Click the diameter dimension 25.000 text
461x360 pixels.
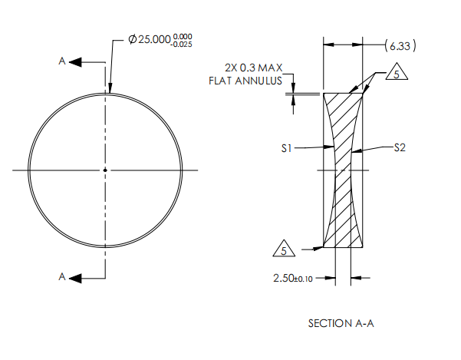tap(150, 40)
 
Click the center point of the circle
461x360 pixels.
tap(106, 170)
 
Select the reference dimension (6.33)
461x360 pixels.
tap(400, 46)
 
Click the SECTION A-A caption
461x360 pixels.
tap(341, 323)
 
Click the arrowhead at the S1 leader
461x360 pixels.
tap(331, 148)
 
